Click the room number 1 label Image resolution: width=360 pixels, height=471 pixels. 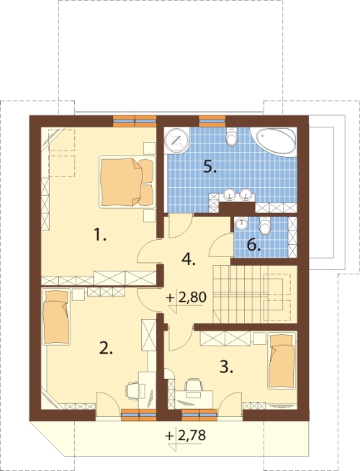click(100, 235)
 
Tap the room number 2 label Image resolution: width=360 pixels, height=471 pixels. click(106, 348)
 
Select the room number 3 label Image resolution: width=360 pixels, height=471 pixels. click(226, 367)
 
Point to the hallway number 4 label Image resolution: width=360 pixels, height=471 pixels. click(189, 259)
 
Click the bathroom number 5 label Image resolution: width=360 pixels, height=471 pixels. click(210, 166)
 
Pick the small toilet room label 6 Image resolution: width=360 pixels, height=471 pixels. click(253, 245)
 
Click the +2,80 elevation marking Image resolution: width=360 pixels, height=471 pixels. click(186, 297)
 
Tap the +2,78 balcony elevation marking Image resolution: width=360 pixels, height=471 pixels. click(186, 435)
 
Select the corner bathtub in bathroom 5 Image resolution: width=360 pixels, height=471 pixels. click(274, 141)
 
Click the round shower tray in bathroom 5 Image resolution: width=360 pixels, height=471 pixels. click(176, 140)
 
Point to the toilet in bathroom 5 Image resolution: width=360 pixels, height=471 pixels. click(232, 137)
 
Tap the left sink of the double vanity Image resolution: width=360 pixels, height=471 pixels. click(230, 194)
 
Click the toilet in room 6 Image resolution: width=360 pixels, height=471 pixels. click(265, 225)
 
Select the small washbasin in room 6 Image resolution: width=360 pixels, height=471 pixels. click(242, 224)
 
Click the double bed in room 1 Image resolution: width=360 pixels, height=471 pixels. click(127, 181)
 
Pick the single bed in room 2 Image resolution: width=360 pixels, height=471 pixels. click(56, 317)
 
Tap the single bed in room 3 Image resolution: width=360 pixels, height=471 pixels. click(282, 360)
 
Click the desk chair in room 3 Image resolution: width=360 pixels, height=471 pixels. click(193, 385)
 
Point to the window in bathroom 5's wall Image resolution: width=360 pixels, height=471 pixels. click(212, 121)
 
